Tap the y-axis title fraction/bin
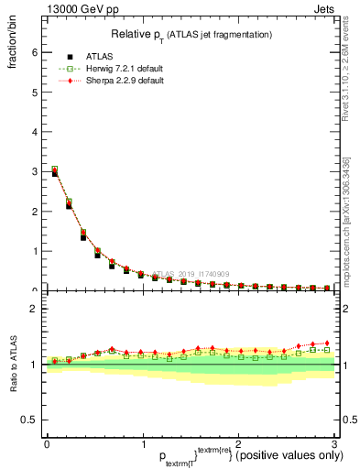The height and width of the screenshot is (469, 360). coord(12,40)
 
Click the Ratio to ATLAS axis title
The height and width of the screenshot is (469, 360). coord(12,366)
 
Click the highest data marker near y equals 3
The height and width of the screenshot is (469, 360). coord(54,169)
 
